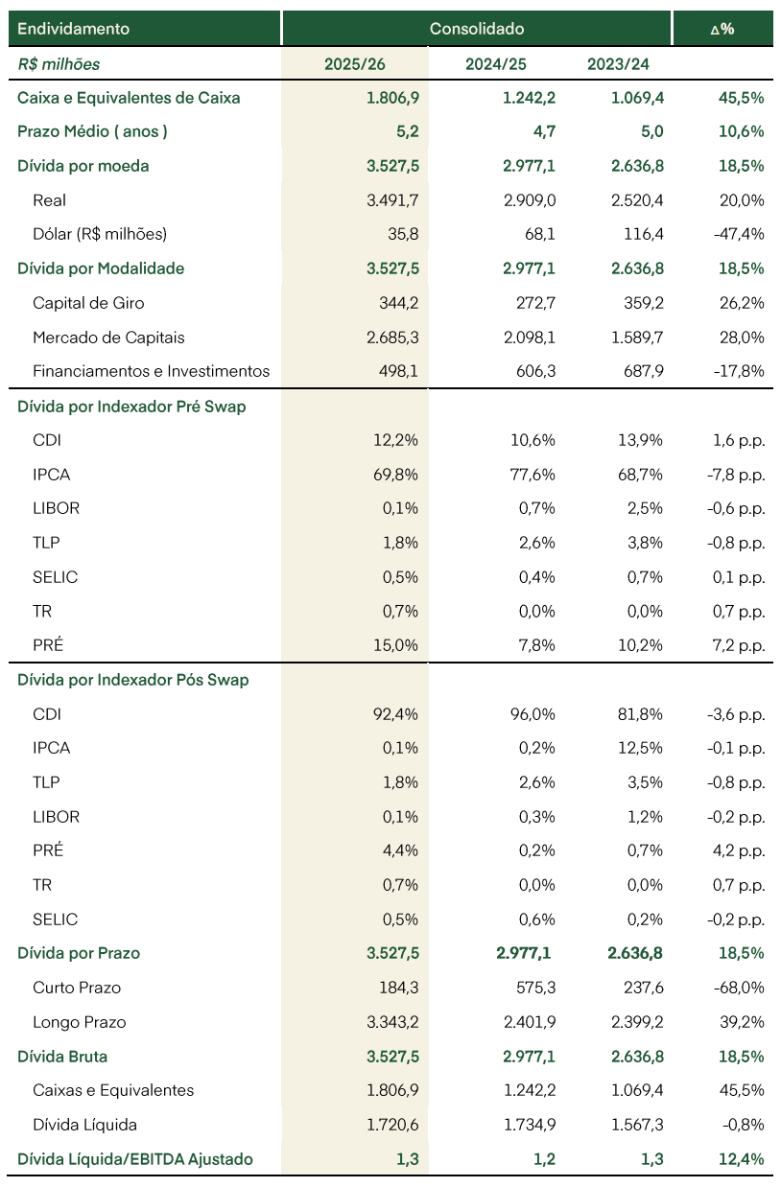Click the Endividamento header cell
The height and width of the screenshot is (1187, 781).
click(x=73, y=29)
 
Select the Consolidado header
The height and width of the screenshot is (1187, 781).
click(x=477, y=29)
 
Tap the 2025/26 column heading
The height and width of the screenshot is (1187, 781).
click(x=355, y=64)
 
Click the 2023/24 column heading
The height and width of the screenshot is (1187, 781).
click(x=618, y=64)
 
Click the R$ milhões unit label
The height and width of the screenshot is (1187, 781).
click(x=59, y=64)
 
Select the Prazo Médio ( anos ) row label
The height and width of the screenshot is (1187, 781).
click(x=92, y=131)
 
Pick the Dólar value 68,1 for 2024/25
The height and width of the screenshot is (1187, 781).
click(x=540, y=234)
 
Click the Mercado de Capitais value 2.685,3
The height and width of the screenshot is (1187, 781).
click(x=392, y=337)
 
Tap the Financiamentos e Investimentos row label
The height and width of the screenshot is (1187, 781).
click(x=151, y=371)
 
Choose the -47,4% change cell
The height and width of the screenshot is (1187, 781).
click(x=739, y=234)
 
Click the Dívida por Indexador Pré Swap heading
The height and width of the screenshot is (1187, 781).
click(x=131, y=407)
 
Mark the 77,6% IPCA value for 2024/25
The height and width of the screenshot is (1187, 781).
click(x=532, y=475)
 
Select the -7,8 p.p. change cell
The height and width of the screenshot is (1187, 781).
click(x=736, y=475)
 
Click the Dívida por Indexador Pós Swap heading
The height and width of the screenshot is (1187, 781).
click(x=133, y=680)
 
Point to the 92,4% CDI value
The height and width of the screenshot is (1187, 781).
click(x=395, y=714)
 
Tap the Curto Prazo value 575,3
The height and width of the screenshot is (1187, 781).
click(x=536, y=988)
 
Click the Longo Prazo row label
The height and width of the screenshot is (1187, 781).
click(x=80, y=1022)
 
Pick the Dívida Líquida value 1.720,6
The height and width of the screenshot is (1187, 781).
click(x=392, y=1125)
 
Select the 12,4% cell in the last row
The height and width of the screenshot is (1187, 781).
click(x=742, y=1159)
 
